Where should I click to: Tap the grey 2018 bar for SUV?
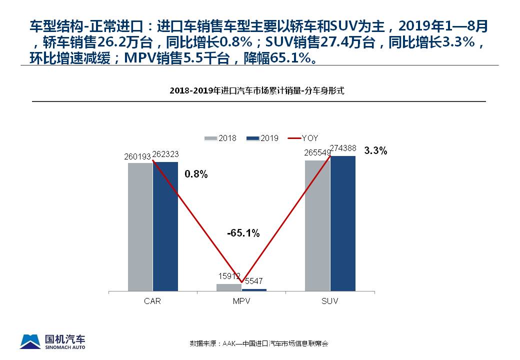point(317,225)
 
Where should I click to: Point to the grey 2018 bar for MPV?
point(228,287)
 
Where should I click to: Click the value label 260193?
point(137,157)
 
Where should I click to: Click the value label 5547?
point(254,283)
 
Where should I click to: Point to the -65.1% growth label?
point(243,233)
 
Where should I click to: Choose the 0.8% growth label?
point(195,174)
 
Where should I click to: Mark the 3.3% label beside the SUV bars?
point(375,151)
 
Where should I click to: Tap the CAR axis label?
point(152,301)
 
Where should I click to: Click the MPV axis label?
point(241,301)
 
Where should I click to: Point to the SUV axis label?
point(330,301)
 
